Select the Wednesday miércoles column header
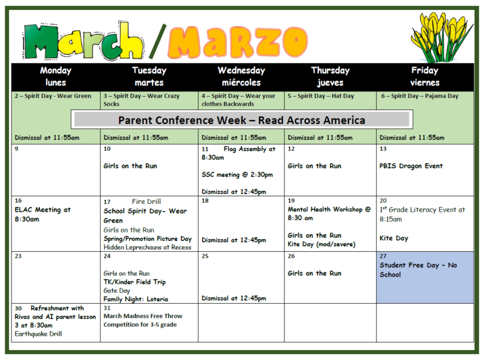click(241, 76)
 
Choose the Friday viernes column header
click(425, 76)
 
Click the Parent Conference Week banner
click(241, 120)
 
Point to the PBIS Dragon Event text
click(411, 166)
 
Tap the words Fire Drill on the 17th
click(146, 201)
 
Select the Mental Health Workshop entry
click(329, 214)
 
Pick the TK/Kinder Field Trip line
click(134, 282)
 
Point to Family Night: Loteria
click(136, 299)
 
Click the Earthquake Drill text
click(40, 333)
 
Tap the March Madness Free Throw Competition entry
click(143, 320)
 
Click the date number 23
click(18, 256)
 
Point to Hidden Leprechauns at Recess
click(147, 247)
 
